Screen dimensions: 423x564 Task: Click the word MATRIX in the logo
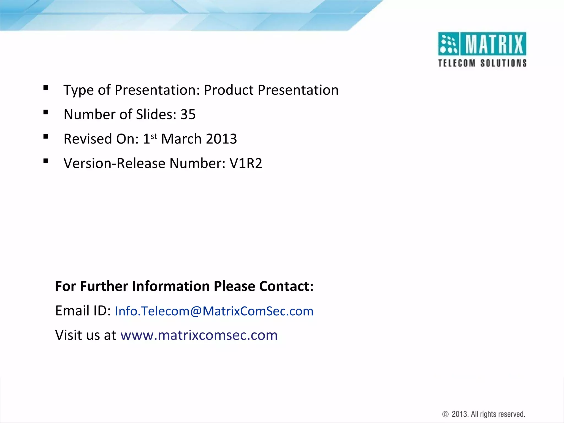click(494, 44)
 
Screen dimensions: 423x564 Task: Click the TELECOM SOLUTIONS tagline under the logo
click(482, 63)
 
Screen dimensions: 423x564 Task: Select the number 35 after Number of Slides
click(188, 115)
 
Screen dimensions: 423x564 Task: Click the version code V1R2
click(246, 163)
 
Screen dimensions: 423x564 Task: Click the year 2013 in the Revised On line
click(221, 139)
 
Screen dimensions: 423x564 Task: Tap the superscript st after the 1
click(154, 136)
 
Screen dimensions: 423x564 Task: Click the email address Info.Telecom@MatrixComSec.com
click(214, 311)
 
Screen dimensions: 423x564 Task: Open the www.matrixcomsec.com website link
click(199, 335)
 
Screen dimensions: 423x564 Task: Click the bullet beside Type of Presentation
click(46, 88)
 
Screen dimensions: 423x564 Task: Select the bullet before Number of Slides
click(46, 112)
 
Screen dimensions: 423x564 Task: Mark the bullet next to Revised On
click(46, 137)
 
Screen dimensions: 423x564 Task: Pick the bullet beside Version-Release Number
click(46, 161)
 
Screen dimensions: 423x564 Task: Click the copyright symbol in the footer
click(445, 414)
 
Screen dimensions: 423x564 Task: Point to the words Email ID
click(83, 311)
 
